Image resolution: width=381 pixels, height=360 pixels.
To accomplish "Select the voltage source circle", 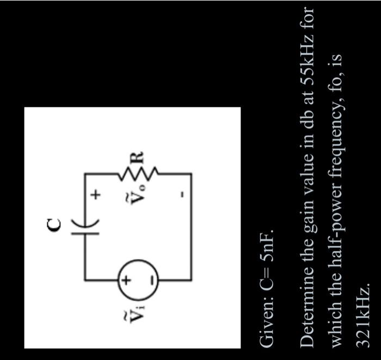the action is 138,281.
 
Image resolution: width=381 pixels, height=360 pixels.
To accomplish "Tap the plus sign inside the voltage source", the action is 125,281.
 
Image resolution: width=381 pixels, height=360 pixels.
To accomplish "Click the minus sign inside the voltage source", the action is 152,281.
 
